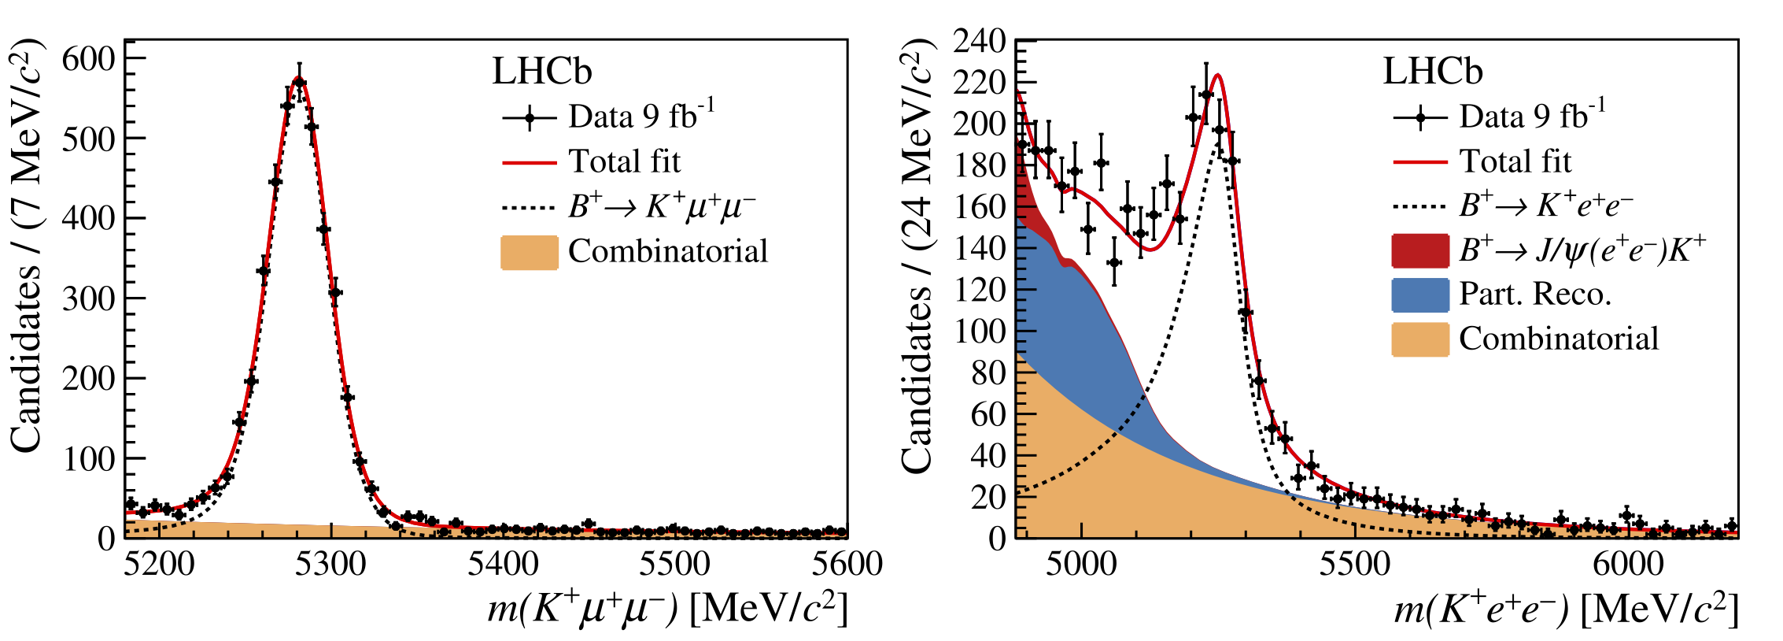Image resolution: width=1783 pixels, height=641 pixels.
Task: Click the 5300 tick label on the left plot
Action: click(330, 564)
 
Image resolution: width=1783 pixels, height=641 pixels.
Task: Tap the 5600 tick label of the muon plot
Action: click(847, 564)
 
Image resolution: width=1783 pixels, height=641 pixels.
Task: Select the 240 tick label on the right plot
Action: click(979, 41)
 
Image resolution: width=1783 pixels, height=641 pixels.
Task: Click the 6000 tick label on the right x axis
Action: click(1628, 564)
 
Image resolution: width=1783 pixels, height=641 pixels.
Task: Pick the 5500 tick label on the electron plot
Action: click(1355, 564)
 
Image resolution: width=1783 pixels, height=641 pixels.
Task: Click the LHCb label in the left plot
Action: click(541, 72)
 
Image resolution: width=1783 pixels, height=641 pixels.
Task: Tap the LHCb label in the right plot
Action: click(1432, 72)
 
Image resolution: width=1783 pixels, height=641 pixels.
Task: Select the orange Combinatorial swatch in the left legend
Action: click(530, 252)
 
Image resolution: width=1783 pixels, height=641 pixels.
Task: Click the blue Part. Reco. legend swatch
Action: click(1420, 295)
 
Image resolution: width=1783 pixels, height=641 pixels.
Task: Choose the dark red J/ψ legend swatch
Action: click(1420, 250)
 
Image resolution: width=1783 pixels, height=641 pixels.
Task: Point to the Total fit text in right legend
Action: click(1515, 161)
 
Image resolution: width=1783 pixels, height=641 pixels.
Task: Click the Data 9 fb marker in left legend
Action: click(530, 118)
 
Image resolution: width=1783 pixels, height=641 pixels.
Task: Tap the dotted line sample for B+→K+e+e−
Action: click(1420, 207)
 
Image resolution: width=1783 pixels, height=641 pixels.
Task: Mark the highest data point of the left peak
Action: click(299, 82)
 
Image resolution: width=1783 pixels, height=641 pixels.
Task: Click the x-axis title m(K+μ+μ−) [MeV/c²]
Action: click(667, 609)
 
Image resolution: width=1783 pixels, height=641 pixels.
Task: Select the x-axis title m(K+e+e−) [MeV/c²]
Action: click(1566, 609)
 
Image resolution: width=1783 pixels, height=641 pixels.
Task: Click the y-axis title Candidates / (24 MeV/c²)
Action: click(917, 256)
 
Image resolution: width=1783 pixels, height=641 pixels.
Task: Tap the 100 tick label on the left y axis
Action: click(89, 458)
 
